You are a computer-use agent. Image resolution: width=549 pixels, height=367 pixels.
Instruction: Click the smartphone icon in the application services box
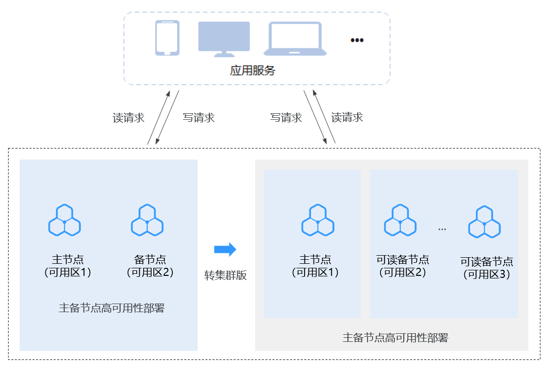coord(167,38)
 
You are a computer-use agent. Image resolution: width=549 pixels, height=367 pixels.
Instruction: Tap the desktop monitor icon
coord(224,38)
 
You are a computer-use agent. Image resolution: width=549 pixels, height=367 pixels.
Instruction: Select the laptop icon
coord(295,38)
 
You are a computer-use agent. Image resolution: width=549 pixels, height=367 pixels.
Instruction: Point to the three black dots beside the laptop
coord(357,40)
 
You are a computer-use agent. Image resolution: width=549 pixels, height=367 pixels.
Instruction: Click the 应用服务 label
coord(253,70)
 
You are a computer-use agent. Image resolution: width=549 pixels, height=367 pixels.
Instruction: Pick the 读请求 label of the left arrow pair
coord(129,118)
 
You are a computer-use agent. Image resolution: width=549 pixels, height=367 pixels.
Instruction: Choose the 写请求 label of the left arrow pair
coord(199,118)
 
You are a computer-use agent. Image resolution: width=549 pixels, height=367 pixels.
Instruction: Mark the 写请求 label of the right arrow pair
coord(286,118)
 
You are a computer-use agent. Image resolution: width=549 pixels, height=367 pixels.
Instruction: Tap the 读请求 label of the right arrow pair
coord(347,118)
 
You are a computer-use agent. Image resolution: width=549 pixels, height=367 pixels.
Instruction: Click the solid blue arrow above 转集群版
coord(225,249)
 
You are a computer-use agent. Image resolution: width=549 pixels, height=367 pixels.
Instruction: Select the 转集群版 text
coord(225,275)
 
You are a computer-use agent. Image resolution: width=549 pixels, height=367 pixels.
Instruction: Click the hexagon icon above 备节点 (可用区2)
coord(147,221)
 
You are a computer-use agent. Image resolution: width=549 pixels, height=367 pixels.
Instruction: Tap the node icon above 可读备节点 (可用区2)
coord(400,221)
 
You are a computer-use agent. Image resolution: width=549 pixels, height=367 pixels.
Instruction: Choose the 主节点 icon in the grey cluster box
coord(317,221)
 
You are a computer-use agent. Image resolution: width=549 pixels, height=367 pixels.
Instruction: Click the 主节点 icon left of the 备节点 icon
coord(65,221)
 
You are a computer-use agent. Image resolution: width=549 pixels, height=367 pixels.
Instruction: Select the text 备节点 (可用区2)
coord(150,266)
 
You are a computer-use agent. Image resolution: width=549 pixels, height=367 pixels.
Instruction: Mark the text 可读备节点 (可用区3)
coord(486,268)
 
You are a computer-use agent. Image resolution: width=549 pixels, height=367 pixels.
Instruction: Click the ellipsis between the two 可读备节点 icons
coord(442,229)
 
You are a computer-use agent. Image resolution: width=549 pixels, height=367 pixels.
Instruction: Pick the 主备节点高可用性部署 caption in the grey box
coord(395,338)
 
